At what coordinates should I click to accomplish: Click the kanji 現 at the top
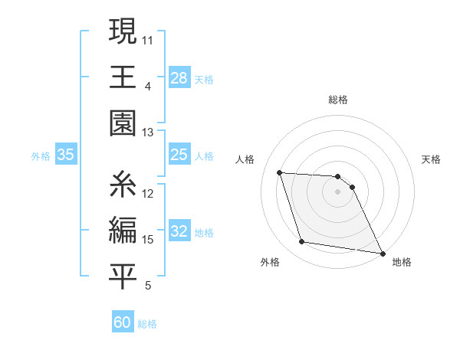click(123, 34)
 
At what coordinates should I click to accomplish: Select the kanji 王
click(123, 77)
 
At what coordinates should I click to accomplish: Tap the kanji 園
click(123, 122)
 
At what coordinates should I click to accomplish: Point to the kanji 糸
click(123, 185)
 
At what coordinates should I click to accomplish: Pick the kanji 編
click(123, 230)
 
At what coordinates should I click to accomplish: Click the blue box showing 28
click(179, 77)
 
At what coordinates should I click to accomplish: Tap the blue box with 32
click(179, 231)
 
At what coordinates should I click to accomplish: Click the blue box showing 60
click(123, 322)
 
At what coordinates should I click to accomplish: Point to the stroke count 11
click(148, 38)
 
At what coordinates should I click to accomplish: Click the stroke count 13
click(148, 132)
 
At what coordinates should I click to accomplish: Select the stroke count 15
click(148, 240)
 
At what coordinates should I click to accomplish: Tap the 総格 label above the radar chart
click(338, 100)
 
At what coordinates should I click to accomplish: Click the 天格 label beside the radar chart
click(431, 159)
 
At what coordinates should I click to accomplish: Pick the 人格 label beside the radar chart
click(245, 159)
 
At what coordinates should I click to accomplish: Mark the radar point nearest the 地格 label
click(382, 252)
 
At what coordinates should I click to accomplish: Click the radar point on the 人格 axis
click(280, 172)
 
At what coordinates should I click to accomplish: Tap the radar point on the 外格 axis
click(302, 242)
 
